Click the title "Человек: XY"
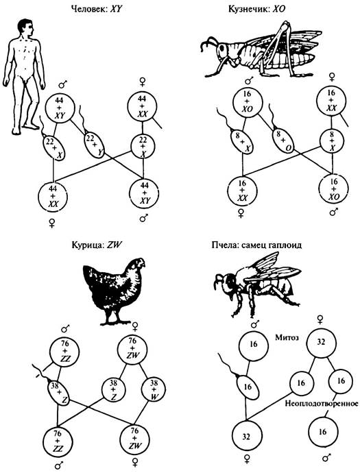pyautogui.click(x=96, y=9)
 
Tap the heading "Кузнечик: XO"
pyautogui.click(x=256, y=9)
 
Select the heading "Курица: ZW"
pyautogui.click(x=96, y=245)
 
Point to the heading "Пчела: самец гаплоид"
pyautogui.click(x=256, y=245)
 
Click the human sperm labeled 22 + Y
pyautogui.click(x=93, y=145)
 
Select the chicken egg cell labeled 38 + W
pyautogui.click(x=154, y=390)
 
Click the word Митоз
pyautogui.click(x=287, y=337)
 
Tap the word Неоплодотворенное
pyautogui.click(x=322, y=403)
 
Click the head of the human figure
pyautogui.click(x=25, y=27)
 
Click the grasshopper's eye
pyautogui.click(x=222, y=48)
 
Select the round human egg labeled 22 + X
pyautogui.click(x=143, y=147)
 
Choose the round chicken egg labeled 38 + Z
pyautogui.click(x=113, y=390)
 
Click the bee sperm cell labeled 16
pyautogui.click(x=248, y=387)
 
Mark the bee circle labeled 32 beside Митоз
pyautogui.click(x=321, y=342)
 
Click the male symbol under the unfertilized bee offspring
pyautogui.click(x=326, y=458)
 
